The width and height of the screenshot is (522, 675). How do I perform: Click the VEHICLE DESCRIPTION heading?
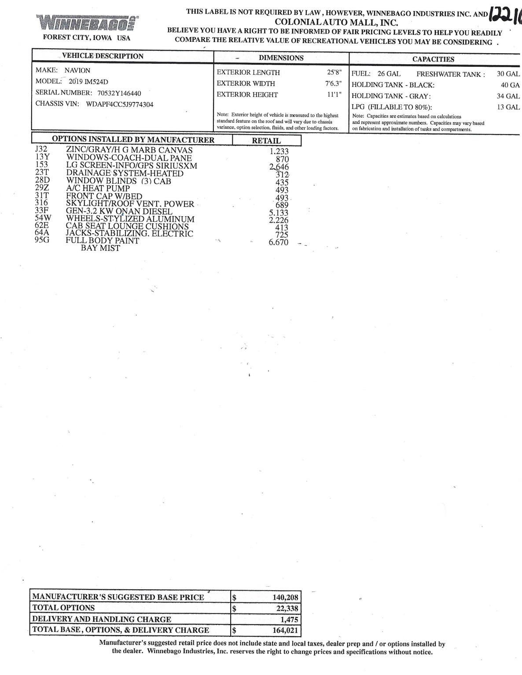click(103, 56)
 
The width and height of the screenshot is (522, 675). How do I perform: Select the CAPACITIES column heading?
click(433, 59)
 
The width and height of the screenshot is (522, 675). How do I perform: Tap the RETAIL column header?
click(266, 141)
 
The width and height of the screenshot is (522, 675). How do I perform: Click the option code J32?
click(41, 149)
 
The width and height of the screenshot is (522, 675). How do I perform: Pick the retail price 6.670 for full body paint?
click(279, 242)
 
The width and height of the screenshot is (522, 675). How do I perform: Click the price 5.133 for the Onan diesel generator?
click(279, 213)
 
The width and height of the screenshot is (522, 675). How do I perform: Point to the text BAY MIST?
click(100, 248)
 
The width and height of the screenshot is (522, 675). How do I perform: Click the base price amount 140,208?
click(285, 597)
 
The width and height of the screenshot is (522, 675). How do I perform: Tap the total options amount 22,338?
click(286, 608)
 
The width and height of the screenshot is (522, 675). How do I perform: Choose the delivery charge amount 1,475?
click(289, 619)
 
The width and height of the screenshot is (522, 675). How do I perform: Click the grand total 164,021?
click(285, 630)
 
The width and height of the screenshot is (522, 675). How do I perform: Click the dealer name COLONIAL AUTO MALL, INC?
click(336, 22)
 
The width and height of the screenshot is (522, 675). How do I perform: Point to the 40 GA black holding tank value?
click(510, 85)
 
